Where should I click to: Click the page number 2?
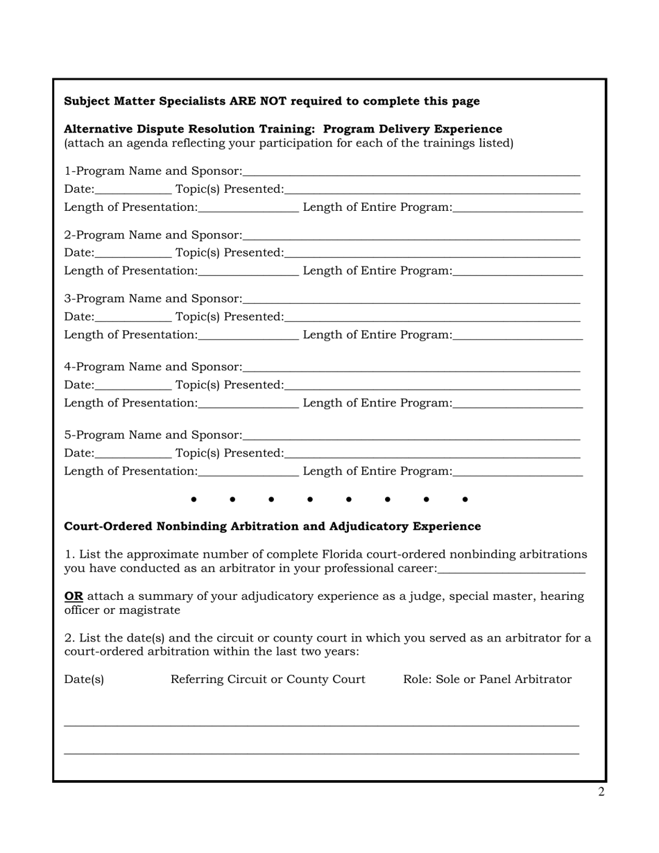pos(601,792)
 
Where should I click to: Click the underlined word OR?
pos(74,596)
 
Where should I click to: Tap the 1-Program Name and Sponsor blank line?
pos(411,172)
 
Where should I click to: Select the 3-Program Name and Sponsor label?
pos(153,299)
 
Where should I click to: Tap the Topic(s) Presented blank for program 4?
pos(431,386)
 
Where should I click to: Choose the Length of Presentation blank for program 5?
pos(248,473)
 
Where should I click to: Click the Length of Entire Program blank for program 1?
pos(517,209)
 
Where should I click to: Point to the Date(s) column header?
pos(84,680)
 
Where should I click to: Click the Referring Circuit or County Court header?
pos(268,680)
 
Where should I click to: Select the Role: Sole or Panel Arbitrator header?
pos(487,680)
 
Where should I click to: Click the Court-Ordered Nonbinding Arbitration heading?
pos(272,526)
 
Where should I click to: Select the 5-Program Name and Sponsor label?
pos(153,436)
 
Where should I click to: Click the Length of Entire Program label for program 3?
pos(377,335)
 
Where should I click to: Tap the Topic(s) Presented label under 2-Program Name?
pos(229,253)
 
